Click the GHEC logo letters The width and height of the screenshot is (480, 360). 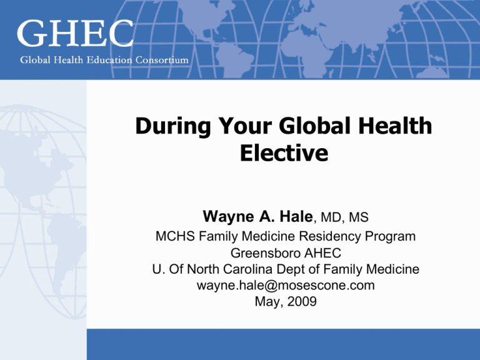(x=75, y=33)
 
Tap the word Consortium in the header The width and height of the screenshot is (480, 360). (x=162, y=60)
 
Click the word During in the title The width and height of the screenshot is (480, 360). (x=173, y=126)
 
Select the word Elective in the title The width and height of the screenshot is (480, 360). (x=284, y=152)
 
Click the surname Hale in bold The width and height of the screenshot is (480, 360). (x=296, y=216)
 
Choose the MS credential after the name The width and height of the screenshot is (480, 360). (x=359, y=217)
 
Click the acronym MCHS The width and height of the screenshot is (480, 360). (x=175, y=236)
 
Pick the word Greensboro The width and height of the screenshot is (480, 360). (x=266, y=253)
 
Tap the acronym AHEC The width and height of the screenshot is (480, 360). (x=322, y=253)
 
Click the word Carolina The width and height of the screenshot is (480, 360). (x=247, y=269)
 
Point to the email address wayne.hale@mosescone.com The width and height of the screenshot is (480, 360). (x=286, y=285)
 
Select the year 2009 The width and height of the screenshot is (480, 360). (x=302, y=301)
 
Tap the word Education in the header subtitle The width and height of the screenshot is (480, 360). (x=109, y=60)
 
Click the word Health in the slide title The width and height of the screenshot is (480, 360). (x=395, y=126)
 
